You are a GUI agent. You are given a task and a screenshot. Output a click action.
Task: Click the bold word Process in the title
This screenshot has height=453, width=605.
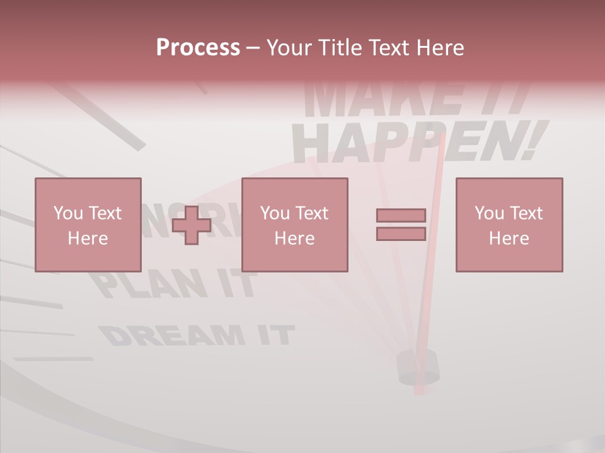[x=198, y=48]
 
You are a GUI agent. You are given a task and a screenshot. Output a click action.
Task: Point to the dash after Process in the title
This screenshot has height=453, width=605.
[x=253, y=48]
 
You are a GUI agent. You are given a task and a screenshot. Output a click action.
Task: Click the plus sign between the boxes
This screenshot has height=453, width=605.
[x=192, y=225]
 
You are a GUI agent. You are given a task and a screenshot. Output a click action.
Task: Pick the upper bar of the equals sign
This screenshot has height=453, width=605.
[x=401, y=215]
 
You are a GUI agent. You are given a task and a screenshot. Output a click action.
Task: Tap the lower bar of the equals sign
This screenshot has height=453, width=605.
[x=401, y=233]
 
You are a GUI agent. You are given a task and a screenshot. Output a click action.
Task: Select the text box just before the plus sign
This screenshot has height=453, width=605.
[x=88, y=225]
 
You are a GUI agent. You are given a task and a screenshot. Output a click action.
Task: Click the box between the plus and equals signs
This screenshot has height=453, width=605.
[x=294, y=225]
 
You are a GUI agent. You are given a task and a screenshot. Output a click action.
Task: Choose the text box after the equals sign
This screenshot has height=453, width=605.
[x=509, y=225]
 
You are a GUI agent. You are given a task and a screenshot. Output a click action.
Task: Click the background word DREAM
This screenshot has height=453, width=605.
[x=170, y=336]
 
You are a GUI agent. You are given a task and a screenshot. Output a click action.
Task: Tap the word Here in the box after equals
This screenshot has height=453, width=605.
[x=509, y=238]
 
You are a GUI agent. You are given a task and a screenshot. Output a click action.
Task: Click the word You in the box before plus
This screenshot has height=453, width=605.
[x=68, y=213]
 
